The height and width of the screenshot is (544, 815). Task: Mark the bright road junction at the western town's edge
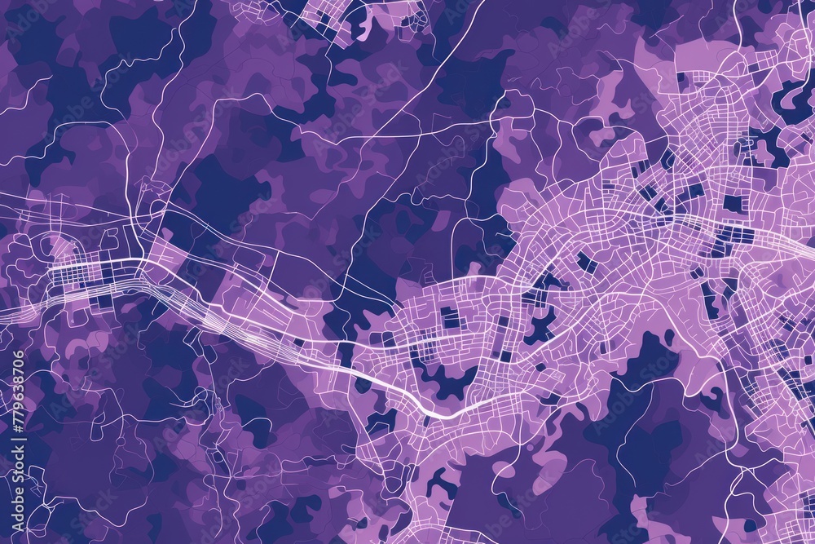145,259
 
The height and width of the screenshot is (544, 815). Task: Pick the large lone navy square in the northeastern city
733,203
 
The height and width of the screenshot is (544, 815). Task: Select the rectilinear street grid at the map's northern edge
326,16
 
